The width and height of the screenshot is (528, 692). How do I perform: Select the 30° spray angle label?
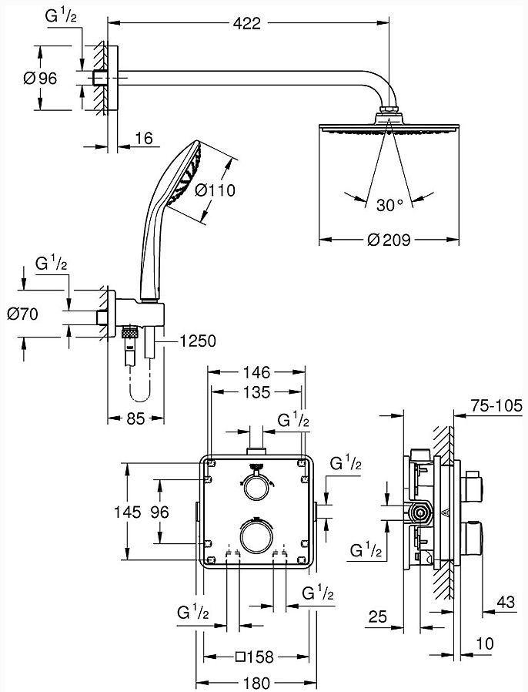pos(390,205)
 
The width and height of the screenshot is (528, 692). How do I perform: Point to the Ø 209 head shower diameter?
pos(389,240)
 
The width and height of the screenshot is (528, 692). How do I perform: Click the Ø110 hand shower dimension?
pos(215,190)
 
